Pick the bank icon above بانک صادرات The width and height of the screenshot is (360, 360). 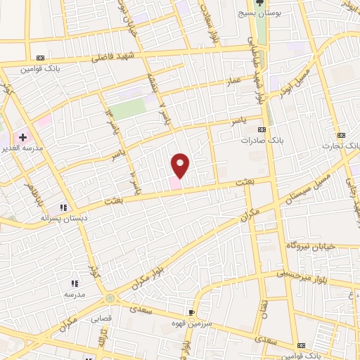pyautogui.click(x=262, y=129)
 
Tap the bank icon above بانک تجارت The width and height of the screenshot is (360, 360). pyautogui.click(x=342, y=135)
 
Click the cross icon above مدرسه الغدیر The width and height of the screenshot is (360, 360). pyautogui.click(x=22, y=135)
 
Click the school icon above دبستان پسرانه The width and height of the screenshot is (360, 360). pyautogui.click(x=63, y=207)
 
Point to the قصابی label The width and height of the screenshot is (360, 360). pyautogui.click(x=101, y=318)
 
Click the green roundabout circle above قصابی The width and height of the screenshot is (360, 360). pyautogui.click(x=110, y=299)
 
